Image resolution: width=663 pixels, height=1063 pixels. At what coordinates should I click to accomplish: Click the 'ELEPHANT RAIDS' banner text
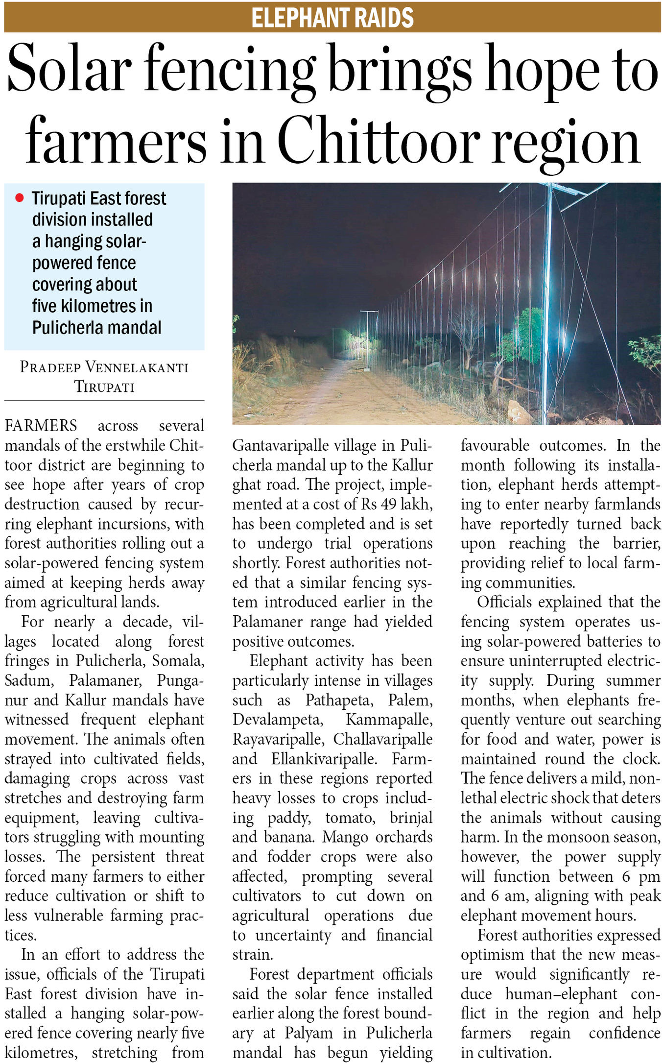(332, 18)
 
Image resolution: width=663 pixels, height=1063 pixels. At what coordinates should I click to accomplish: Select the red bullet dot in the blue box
(20, 198)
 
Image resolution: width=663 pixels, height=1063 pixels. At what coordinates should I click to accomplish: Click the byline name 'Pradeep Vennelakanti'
(104, 367)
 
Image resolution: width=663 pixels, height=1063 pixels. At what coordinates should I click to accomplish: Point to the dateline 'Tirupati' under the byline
(104, 387)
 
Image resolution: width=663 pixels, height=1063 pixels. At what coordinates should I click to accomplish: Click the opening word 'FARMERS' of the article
(41, 425)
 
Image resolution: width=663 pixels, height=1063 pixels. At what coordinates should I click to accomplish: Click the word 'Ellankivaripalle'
(324, 759)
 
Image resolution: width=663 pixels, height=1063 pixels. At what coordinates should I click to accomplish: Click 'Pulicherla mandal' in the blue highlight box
(96, 327)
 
